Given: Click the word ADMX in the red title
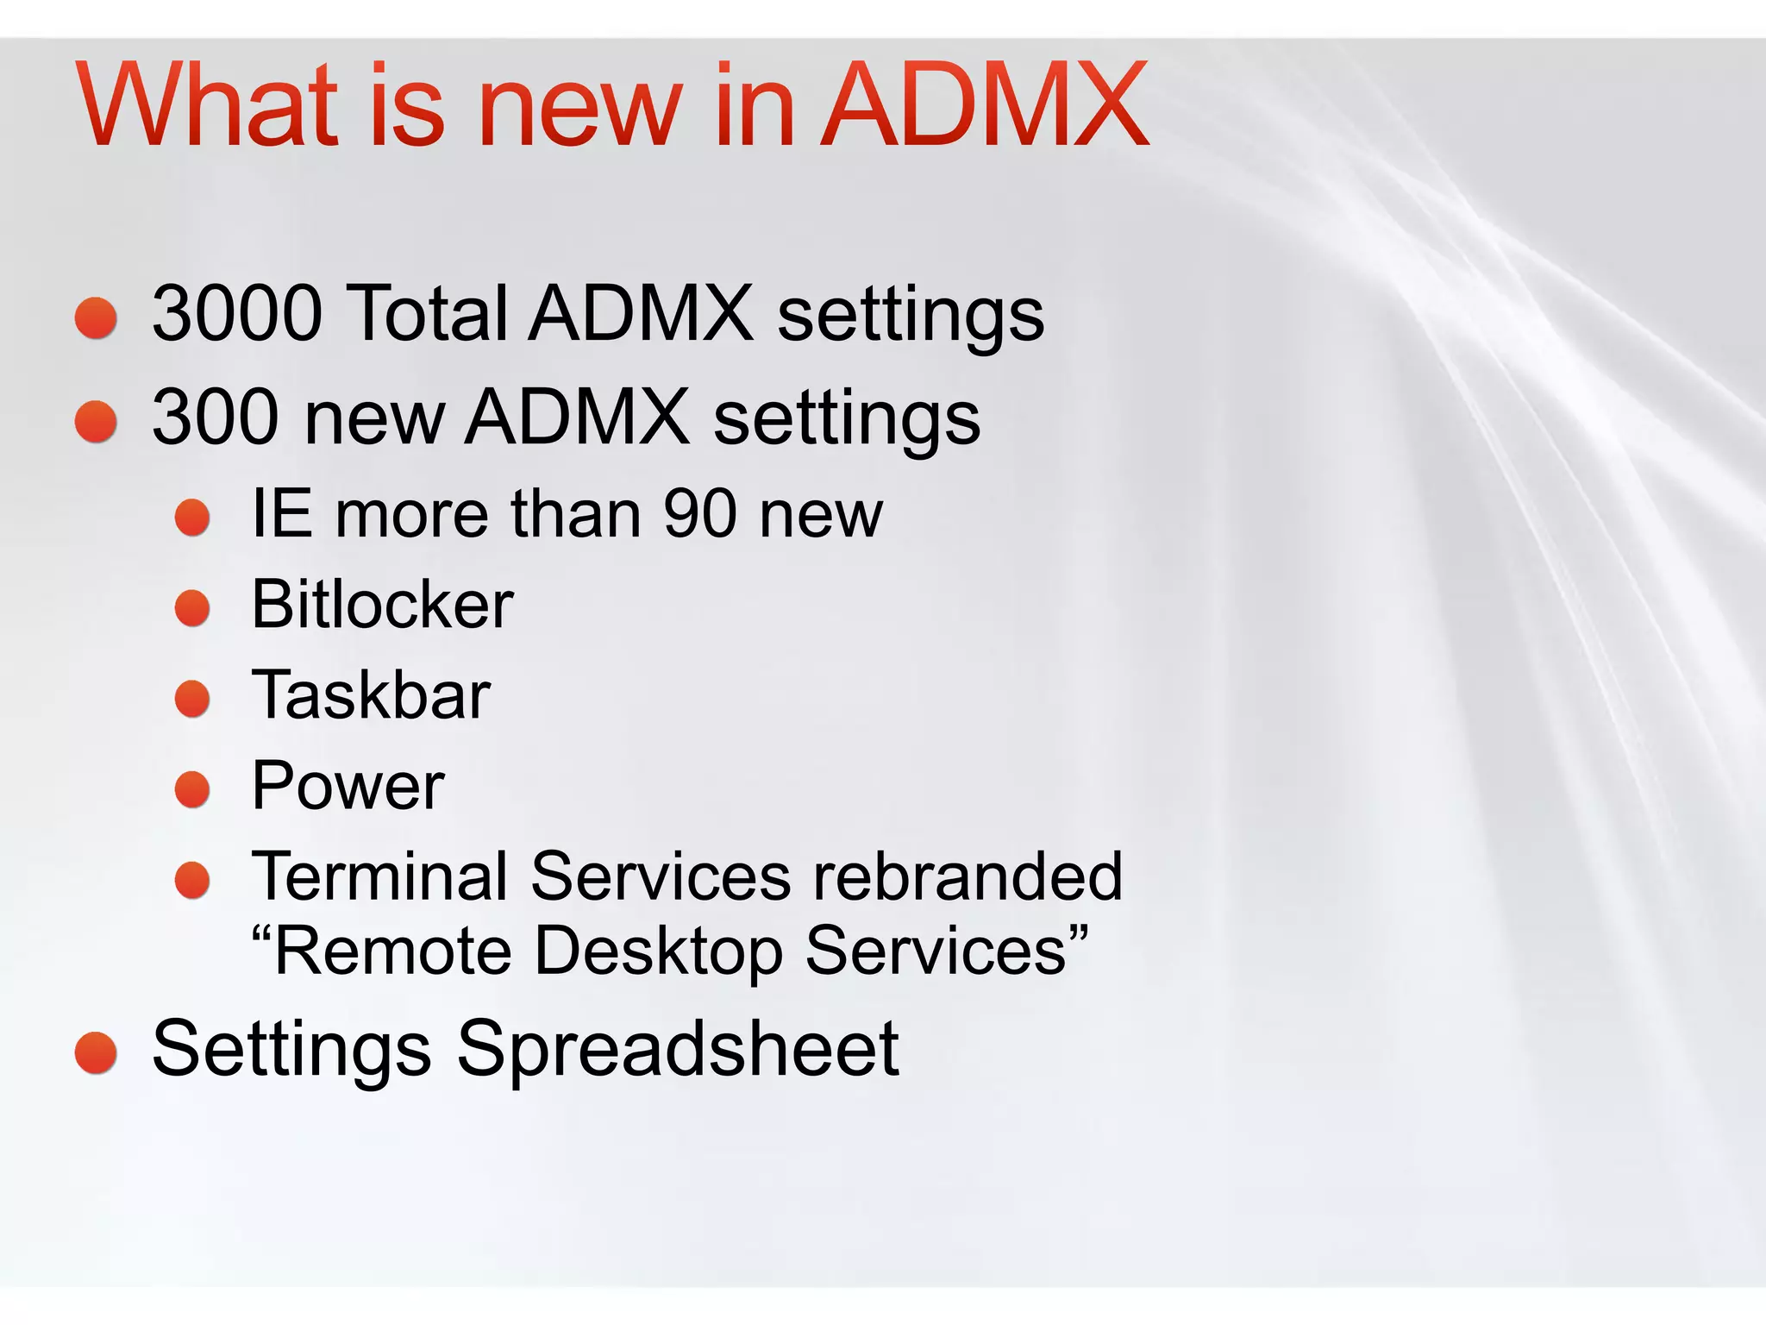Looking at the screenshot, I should (x=985, y=105).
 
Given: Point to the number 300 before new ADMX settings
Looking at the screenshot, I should (x=216, y=418).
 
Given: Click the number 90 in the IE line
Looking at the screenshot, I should (x=699, y=514).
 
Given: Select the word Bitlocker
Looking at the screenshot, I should (x=382, y=605).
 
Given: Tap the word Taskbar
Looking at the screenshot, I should (x=371, y=695).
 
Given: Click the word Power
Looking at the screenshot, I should (x=348, y=786).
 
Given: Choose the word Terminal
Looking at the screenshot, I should (x=379, y=876).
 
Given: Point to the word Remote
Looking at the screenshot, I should (x=393, y=951).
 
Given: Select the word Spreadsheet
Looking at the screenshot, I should (x=678, y=1051).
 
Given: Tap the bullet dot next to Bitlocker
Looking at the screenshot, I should (x=192, y=608).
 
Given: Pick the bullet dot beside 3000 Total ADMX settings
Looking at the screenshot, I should (x=96, y=318).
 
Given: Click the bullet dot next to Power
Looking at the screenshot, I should (x=192, y=789).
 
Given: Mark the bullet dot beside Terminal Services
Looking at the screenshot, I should (x=192, y=880).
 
